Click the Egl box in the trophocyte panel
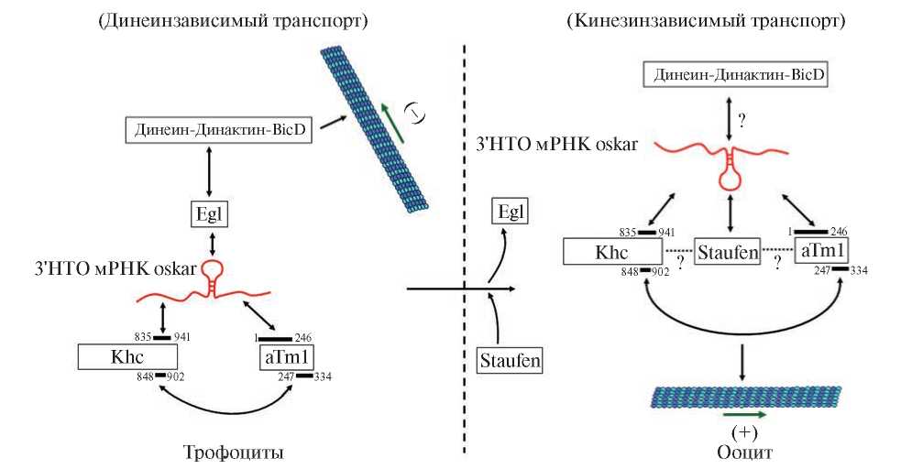click(x=210, y=216)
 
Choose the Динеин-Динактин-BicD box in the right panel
click(x=738, y=75)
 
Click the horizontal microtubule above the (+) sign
click(x=747, y=396)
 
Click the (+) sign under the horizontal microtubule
click(x=741, y=432)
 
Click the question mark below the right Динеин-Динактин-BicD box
click(x=743, y=118)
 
